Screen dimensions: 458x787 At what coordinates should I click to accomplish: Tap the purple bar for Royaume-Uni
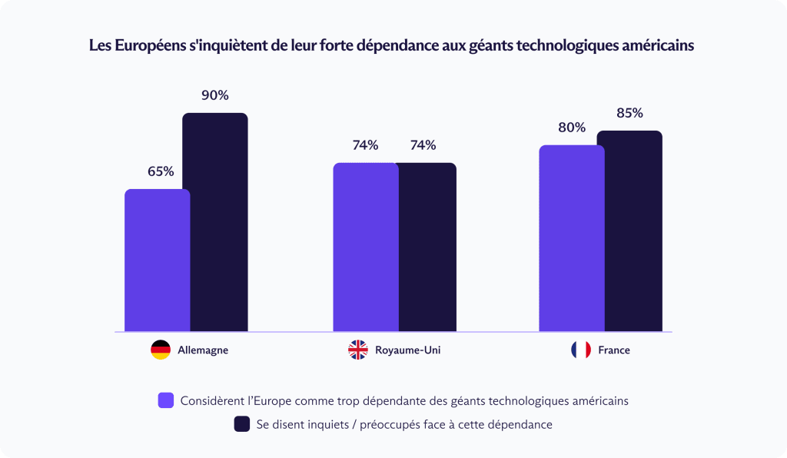[x=365, y=247]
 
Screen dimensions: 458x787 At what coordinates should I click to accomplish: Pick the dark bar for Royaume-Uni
[x=427, y=247]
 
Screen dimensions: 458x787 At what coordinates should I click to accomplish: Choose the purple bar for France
[x=571, y=238]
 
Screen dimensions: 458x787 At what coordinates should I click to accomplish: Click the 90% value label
[x=215, y=96]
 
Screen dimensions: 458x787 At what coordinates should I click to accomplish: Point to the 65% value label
[x=161, y=171]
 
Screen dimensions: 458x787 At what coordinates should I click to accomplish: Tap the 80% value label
[x=572, y=128]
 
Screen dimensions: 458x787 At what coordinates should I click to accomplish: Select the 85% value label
[x=629, y=113]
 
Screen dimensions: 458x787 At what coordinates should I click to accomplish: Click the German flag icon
[x=161, y=350]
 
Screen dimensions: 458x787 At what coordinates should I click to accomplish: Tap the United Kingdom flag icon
[x=358, y=350]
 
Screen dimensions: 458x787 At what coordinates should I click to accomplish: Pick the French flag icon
[x=581, y=350]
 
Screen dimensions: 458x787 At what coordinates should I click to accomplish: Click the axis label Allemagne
[x=203, y=350]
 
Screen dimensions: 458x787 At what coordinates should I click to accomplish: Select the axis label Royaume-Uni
[x=407, y=350]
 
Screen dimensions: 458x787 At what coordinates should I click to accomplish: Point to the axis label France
[x=614, y=350]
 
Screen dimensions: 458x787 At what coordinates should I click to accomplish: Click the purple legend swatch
[x=165, y=400]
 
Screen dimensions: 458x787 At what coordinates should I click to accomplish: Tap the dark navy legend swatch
[x=242, y=423]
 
